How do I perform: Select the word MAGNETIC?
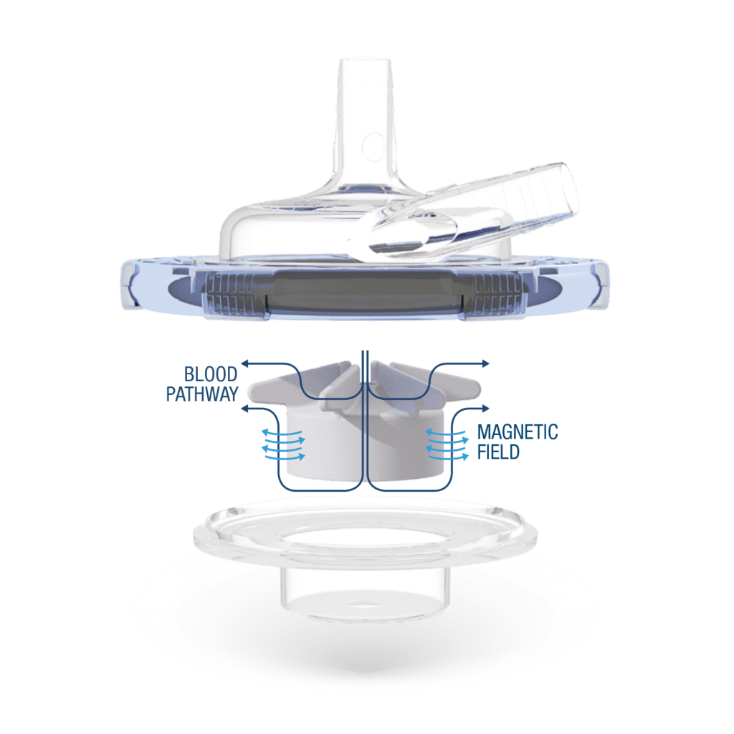[518, 433]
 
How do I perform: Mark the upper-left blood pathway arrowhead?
[244, 363]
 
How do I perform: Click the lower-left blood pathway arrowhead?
[246, 409]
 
